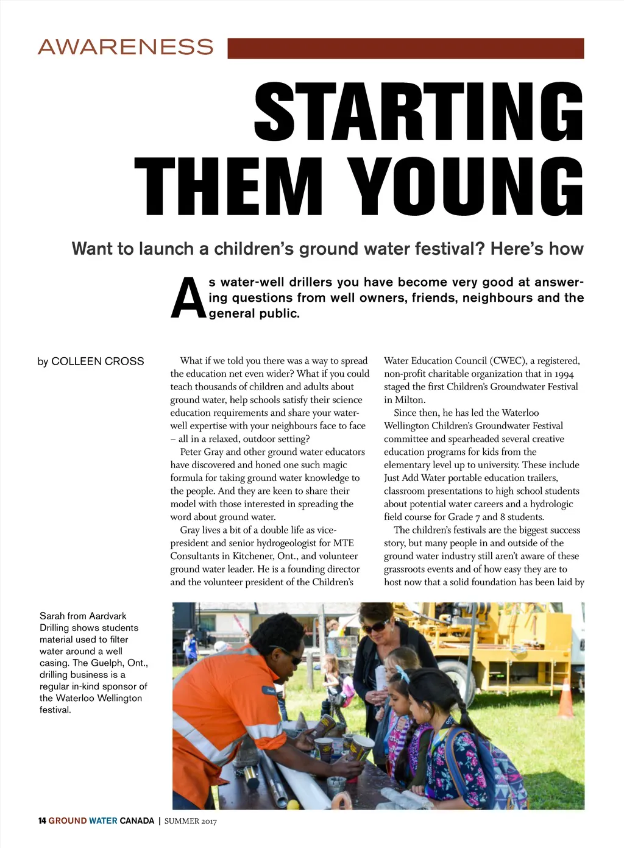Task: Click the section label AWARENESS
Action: [126, 47]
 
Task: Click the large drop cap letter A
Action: [188, 299]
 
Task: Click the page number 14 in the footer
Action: [42, 821]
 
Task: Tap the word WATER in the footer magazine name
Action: [102, 821]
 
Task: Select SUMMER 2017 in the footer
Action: [190, 821]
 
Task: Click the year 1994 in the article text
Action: [564, 374]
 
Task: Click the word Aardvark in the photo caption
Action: [108, 616]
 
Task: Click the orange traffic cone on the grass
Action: [565, 699]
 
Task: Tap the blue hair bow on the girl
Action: [403, 674]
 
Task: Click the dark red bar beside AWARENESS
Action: [405, 48]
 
